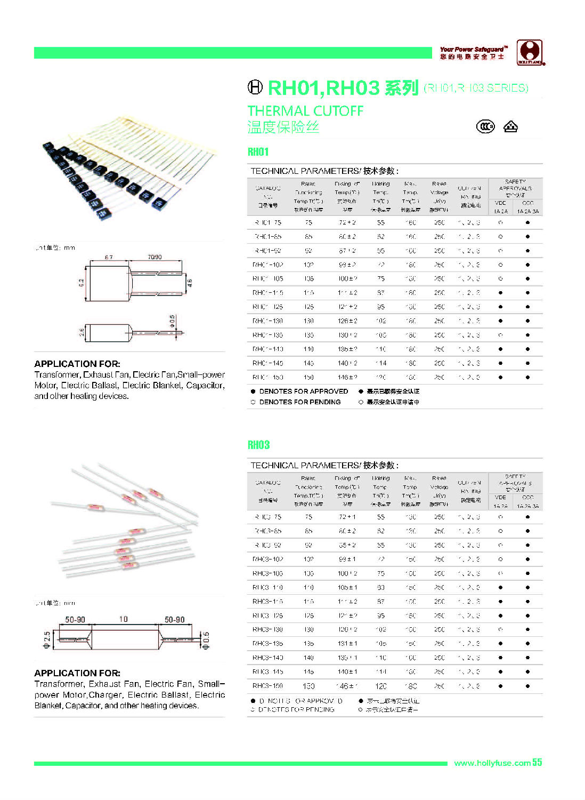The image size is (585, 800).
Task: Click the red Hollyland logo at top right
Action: [x=530, y=53]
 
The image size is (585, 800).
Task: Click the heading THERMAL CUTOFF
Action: [x=305, y=111]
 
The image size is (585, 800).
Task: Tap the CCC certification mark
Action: [x=485, y=126]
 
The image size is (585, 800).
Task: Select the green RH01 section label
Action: [x=258, y=152]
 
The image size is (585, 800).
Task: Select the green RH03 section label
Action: [x=259, y=445]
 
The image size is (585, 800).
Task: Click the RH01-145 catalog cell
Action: [x=268, y=363]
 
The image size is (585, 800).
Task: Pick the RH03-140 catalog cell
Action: [x=268, y=658]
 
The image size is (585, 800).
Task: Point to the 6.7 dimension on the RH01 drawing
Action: [x=109, y=257]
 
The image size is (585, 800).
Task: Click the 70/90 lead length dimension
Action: [x=155, y=257]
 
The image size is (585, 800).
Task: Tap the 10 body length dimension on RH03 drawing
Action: [x=124, y=619]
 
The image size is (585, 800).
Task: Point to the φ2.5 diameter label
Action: [x=47, y=639]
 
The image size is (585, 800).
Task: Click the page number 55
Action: [x=537, y=763]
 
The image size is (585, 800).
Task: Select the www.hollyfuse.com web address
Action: [x=492, y=763]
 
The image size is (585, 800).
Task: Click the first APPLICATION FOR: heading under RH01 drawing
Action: [x=77, y=364]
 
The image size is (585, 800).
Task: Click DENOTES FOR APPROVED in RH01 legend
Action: [x=303, y=391]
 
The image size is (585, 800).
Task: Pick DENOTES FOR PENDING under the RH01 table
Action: [x=299, y=402]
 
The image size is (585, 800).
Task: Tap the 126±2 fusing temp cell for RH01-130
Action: [x=347, y=321]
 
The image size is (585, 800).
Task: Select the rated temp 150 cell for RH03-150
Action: [x=308, y=686]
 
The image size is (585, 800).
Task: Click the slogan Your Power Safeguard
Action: [x=473, y=49]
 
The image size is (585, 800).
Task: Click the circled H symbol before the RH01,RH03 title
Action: [x=255, y=87]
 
